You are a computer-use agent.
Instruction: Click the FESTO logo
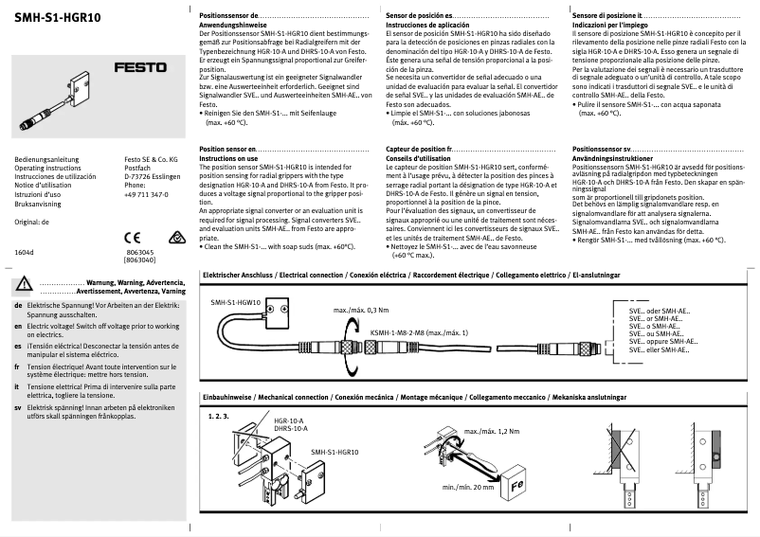coord(139,67)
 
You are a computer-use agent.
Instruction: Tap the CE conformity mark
coord(133,237)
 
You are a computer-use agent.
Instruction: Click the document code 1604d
coord(25,253)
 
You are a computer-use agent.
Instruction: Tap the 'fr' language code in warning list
coord(19,367)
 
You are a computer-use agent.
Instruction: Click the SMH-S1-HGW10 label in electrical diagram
coord(237,300)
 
